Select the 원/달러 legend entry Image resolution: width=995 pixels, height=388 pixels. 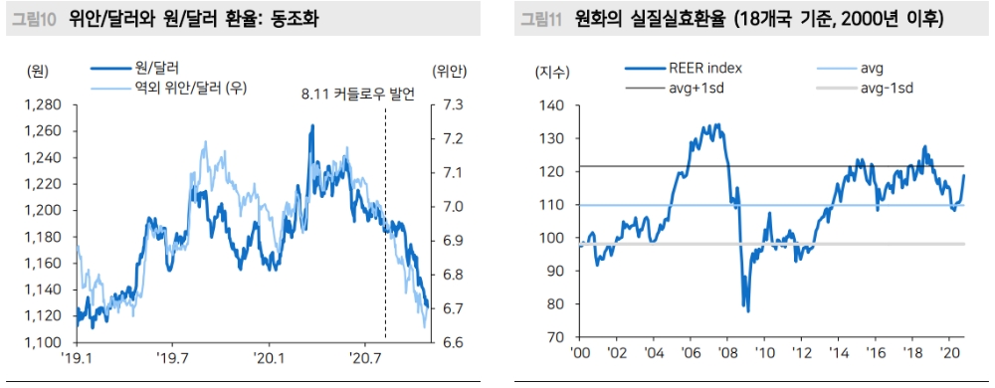point(153,68)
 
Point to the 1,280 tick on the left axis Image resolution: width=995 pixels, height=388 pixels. point(42,105)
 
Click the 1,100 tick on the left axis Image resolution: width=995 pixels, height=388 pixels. point(42,342)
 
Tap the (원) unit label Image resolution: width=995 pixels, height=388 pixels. point(40,70)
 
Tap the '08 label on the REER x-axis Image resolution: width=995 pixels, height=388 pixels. point(727,353)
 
